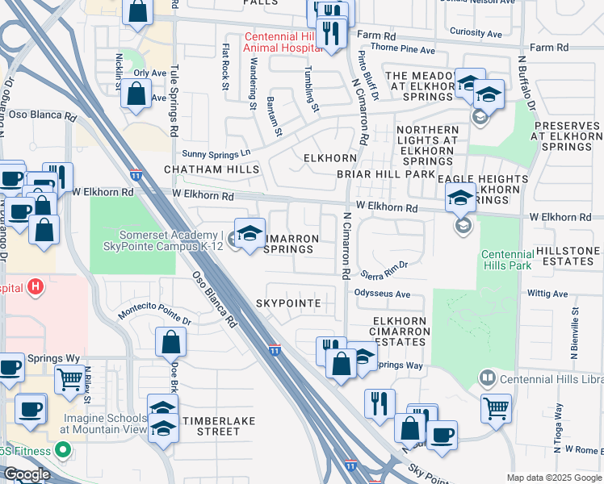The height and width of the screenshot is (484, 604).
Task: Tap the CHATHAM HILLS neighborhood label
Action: point(212,169)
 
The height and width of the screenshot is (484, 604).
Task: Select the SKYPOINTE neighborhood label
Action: point(288,303)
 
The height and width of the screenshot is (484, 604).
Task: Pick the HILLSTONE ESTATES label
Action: point(568,257)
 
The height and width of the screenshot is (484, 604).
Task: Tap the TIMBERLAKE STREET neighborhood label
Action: point(212,426)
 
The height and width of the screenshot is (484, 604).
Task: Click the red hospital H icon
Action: point(35,286)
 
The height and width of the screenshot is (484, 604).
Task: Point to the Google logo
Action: point(26,474)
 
